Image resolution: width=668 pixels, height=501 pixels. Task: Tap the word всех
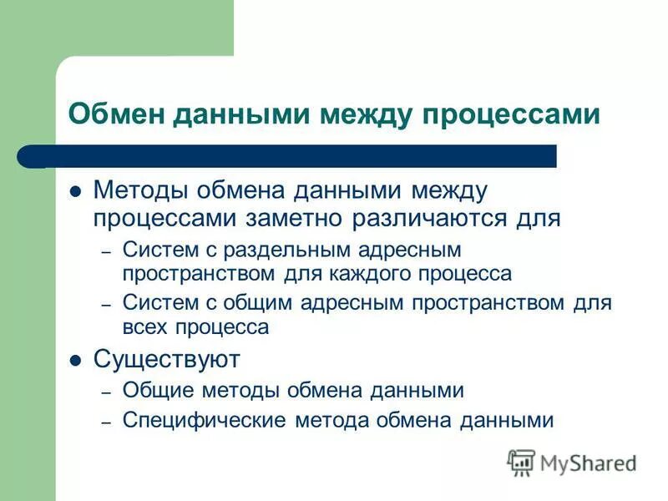144,327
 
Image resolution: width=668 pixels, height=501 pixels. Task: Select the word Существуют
166,360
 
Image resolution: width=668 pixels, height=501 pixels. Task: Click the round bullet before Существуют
74,361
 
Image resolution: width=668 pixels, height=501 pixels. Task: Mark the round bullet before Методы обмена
74,191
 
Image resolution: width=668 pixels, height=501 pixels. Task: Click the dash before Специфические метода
106,421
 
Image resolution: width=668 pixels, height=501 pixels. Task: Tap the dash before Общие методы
106,391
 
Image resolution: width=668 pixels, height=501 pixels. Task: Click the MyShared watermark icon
521,462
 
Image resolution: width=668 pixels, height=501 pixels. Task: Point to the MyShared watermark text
588,463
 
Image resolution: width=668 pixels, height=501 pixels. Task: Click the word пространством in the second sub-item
492,302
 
